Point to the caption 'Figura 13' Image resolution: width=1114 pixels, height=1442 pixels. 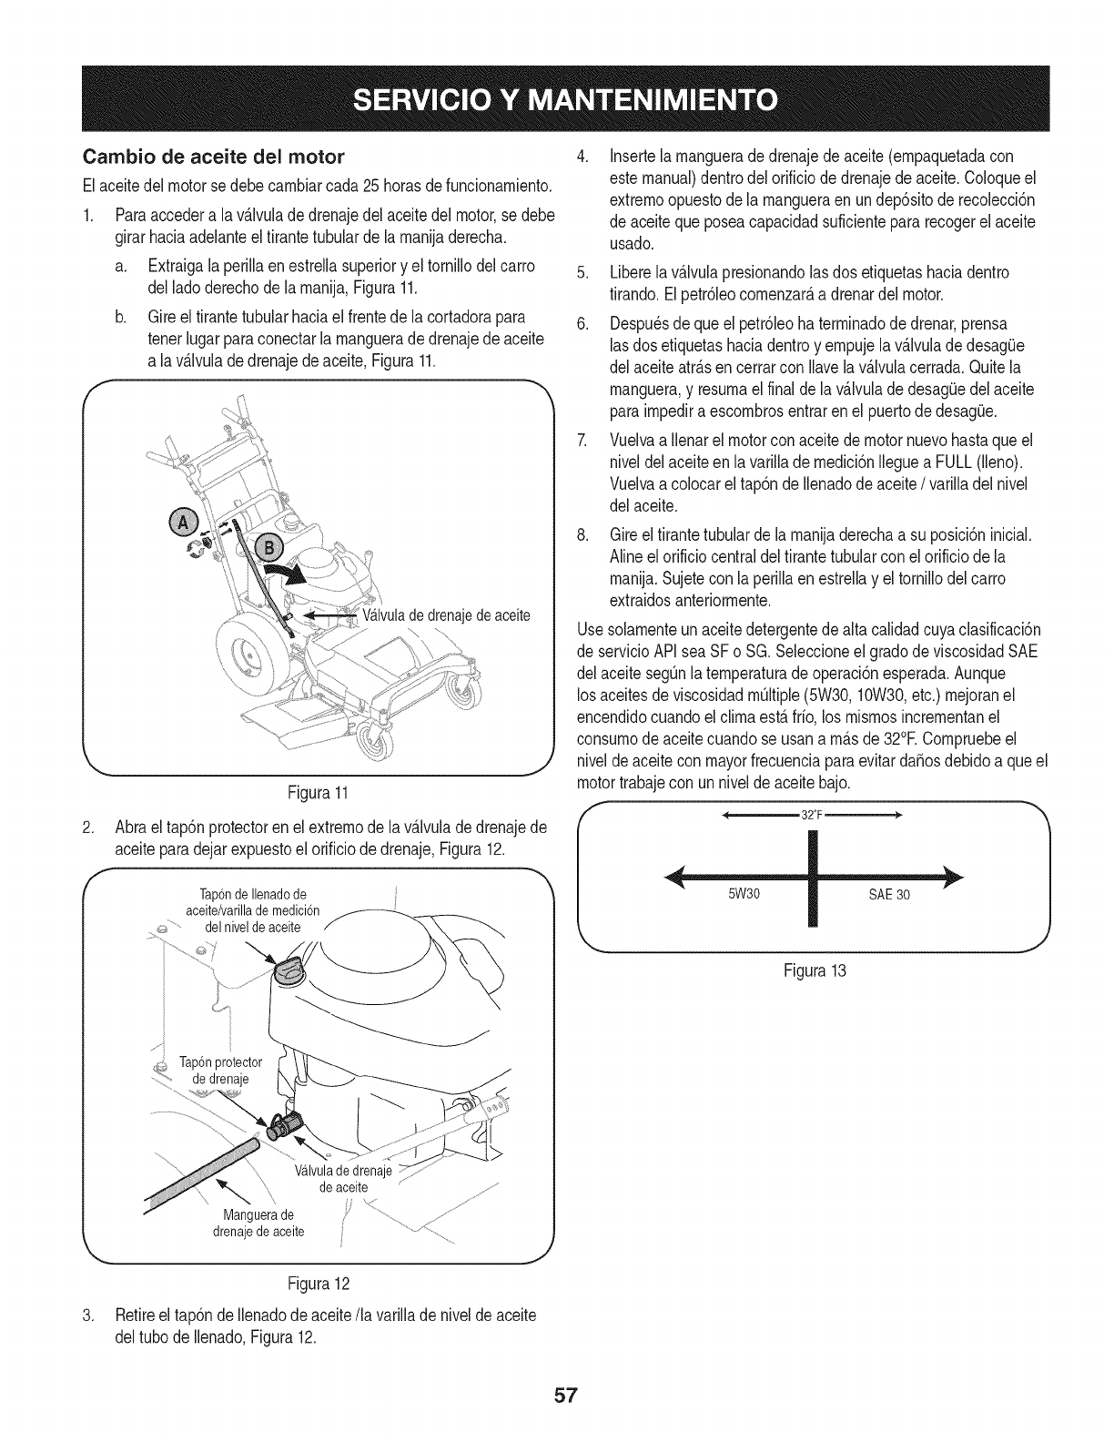pyautogui.click(x=813, y=970)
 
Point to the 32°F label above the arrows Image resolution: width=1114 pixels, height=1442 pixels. pyautogui.click(x=811, y=815)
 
